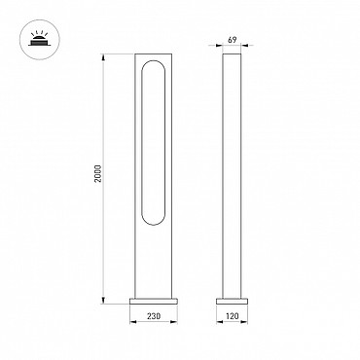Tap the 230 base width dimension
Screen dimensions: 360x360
click(154, 315)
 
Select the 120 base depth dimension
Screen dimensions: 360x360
click(232, 315)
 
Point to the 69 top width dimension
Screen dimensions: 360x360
click(232, 40)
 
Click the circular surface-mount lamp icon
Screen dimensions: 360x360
click(40, 40)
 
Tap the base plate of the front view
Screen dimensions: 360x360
click(154, 301)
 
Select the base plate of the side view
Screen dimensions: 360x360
click(232, 301)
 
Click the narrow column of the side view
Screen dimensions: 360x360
click(232, 175)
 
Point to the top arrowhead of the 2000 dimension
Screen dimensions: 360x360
click(104, 57)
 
